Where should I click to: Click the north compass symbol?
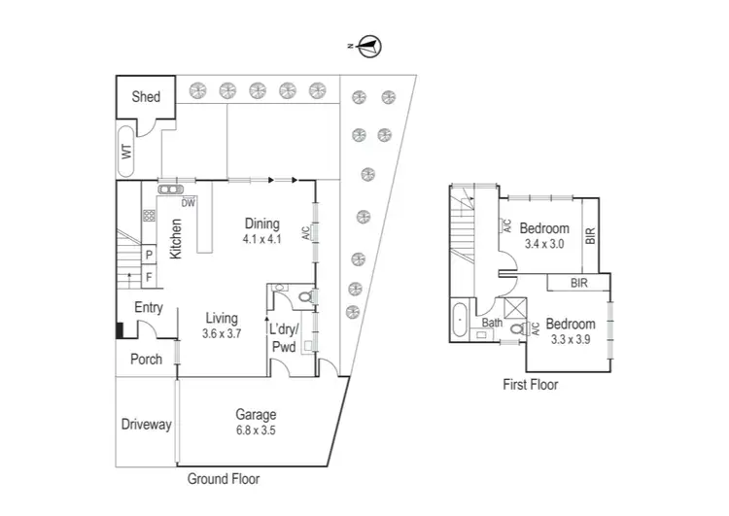(370, 45)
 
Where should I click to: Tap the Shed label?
(146, 96)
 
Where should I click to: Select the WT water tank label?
(125, 151)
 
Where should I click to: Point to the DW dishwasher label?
(189, 203)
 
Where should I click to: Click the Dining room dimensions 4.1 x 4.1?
(261, 238)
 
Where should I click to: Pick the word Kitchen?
(177, 239)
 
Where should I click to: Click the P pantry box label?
(149, 256)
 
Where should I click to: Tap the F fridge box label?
(149, 277)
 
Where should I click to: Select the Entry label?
(149, 308)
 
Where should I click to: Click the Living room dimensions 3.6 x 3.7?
(223, 333)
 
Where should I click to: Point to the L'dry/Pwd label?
(286, 336)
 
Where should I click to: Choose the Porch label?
(147, 360)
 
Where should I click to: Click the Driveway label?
(147, 425)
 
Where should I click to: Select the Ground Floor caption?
(223, 479)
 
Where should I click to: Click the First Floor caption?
(530, 385)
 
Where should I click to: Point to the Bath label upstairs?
(492, 323)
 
